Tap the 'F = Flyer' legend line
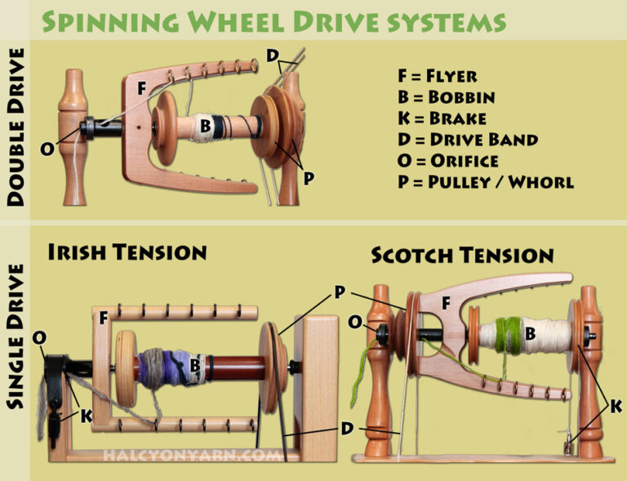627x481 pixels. pyautogui.click(x=438, y=76)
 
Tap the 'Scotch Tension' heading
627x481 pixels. pyautogui.click(x=462, y=255)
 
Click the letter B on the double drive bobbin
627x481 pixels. pyautogui.click(x=206, y=126)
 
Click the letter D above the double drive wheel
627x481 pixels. pyautogui.click(x=272, y=56)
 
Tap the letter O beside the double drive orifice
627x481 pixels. pyautogui.click(x=48, y=149)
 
